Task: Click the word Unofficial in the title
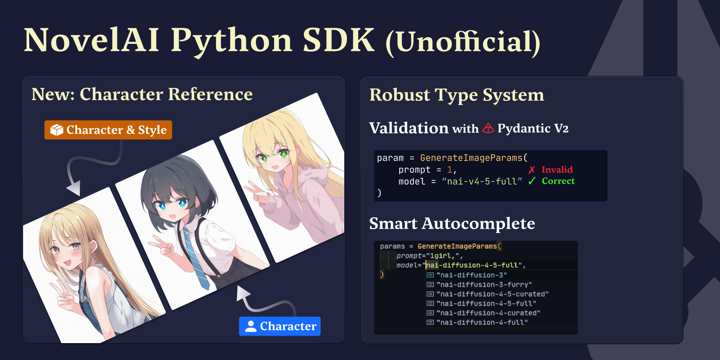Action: coord(463,42)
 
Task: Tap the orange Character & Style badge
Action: coord(108,130)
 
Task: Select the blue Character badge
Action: coord(280,326)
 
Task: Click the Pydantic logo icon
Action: coord(488,129)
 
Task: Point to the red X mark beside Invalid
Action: coord(532,170)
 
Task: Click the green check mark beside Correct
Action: coord(532,181)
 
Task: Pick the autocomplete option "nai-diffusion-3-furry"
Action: coord(484,285)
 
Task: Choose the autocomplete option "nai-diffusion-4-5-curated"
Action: coord(492,294)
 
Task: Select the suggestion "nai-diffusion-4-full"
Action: coord(482,322)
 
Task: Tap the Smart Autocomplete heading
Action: coord(452,223)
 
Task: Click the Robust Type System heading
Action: coord(456,95)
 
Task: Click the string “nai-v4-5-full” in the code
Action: coord(482,181)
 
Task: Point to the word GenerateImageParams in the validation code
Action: coord(471,158)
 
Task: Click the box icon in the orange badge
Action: coord(57,130)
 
